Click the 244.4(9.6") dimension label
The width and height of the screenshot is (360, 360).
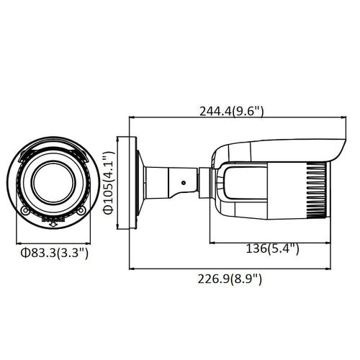pyautogui.click(x=232, y=111)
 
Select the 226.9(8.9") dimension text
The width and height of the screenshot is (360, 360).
pyautogui.click(x=230, y=279)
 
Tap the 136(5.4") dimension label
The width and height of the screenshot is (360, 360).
pyautogui.click(x=273, y=248)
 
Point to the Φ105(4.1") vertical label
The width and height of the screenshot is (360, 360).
pyautogui.click(x=108, y=183)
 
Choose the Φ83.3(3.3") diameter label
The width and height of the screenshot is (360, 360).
pyautogui.click(x=55, y=253)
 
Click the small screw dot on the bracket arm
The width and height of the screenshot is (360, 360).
pyautogui.click(x=184, y=183)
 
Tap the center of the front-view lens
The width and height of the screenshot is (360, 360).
pyautogui.click(x=53, y=182)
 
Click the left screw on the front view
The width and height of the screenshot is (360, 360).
pyautogui.click(x=25, y=211)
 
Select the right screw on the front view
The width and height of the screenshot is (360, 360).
pyautogui.click(x=81, y=211)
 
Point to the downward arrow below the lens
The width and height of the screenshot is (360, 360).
pyautogui.click(x=53, y=224)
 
